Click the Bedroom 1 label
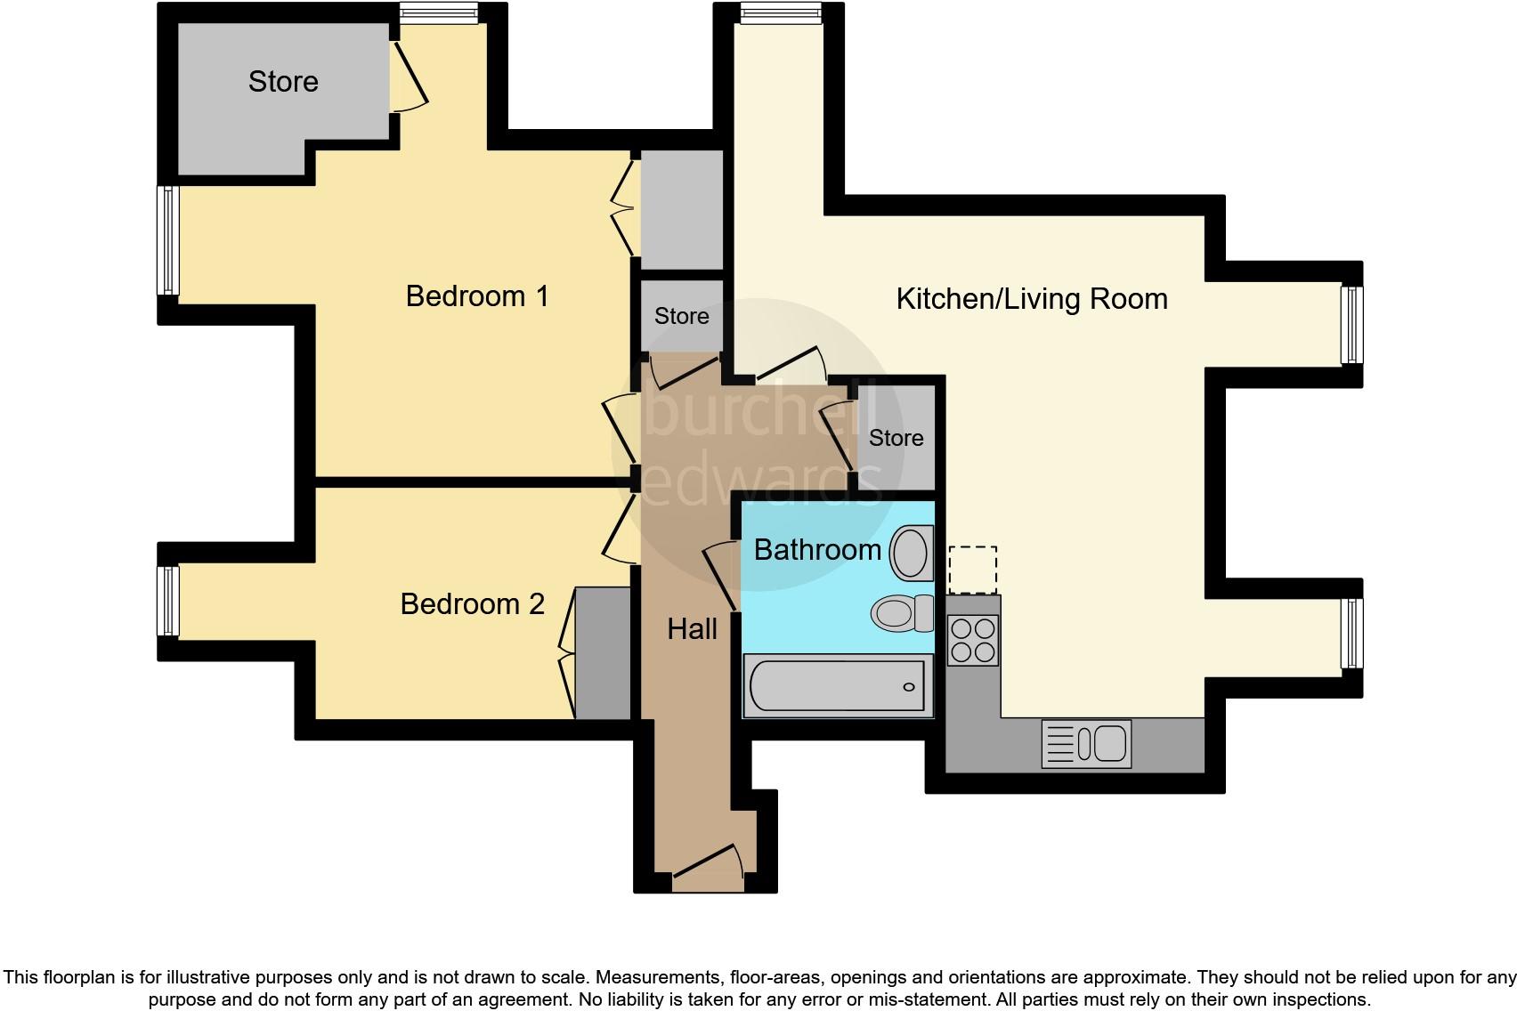tap(477, 296)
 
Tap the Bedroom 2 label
tap(472, 604)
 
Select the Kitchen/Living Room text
tap(1031, 299)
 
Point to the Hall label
tap(692, 630)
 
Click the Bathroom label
tap(816, 550)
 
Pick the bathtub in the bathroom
tap(837, 686)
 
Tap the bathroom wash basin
tap(911, 553)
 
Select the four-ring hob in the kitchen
tap(972, 641)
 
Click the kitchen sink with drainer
tap(1086, 744)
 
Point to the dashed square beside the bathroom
tap(972, 570)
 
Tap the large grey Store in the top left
tap(283, 82)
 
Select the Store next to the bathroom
tap(896, 438)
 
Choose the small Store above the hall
tap(681, 316)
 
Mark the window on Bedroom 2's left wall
tap(168, 602)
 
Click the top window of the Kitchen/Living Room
tap(781, 12)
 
